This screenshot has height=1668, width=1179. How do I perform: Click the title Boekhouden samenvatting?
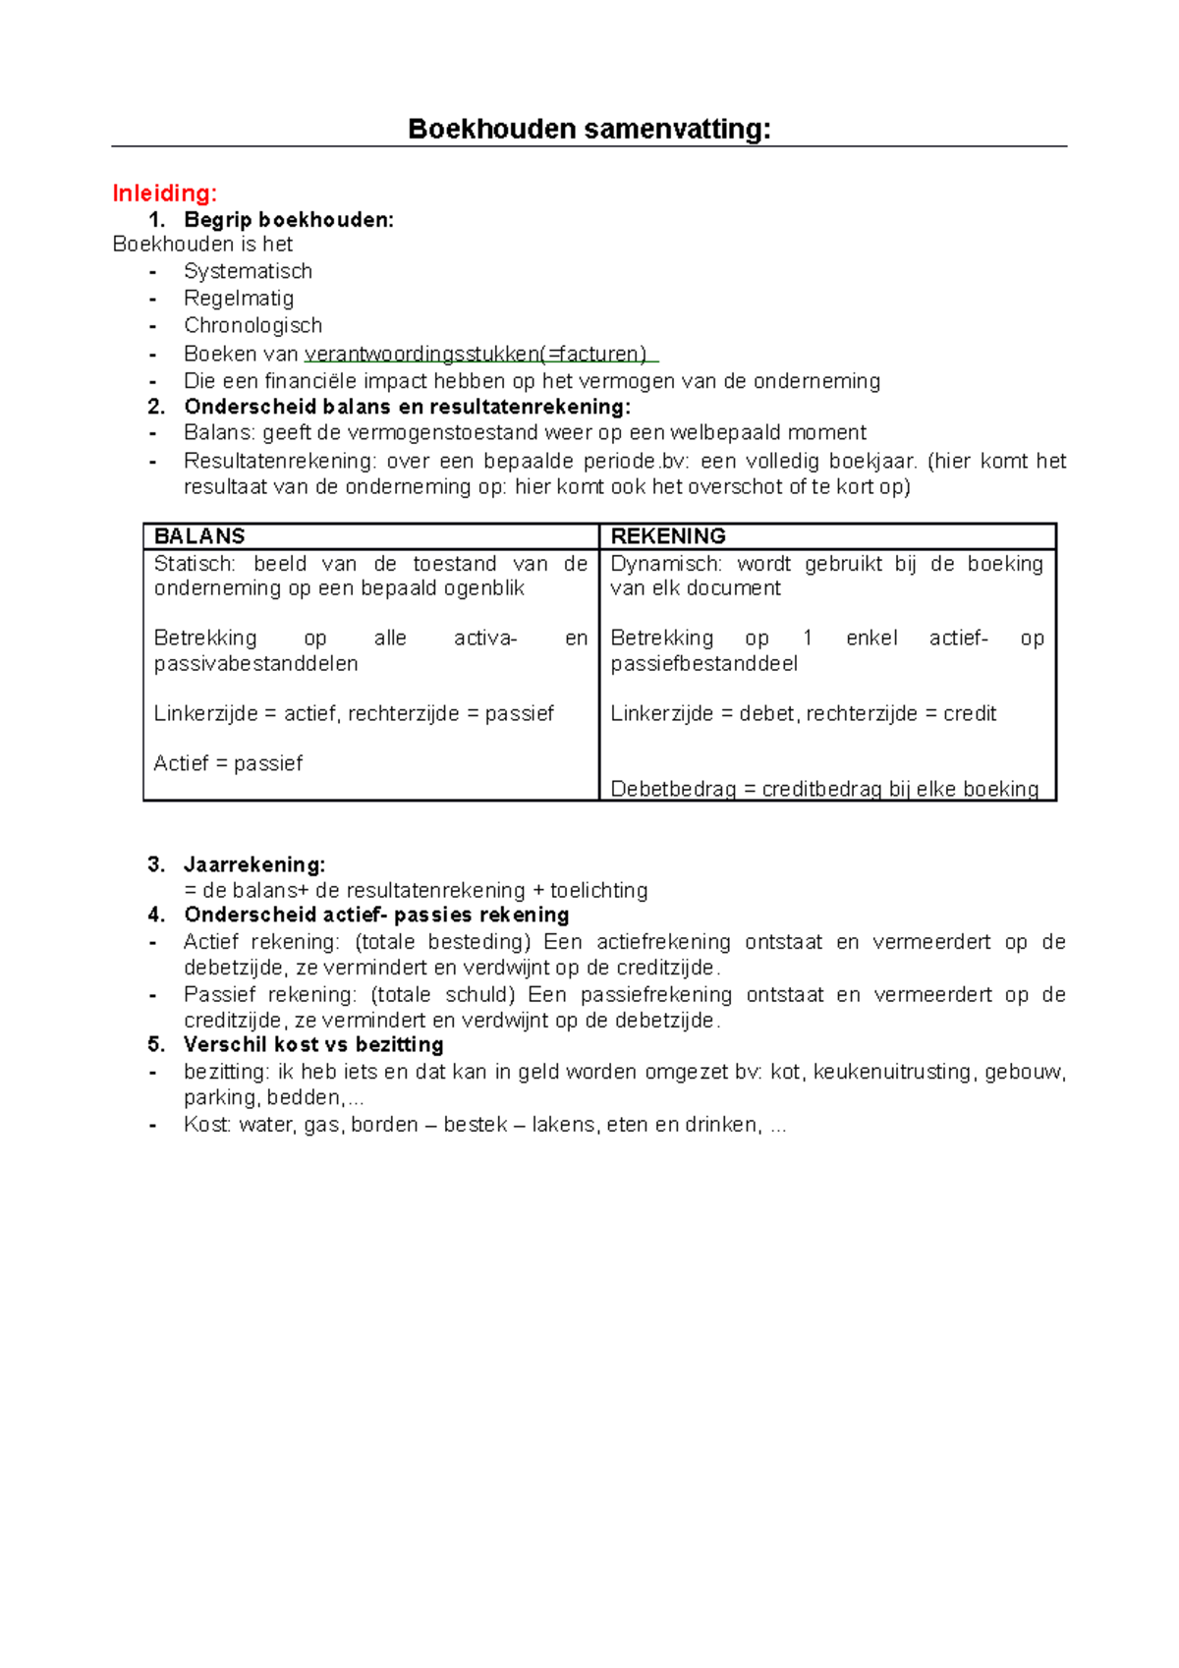589,129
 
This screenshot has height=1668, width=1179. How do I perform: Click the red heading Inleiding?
164,193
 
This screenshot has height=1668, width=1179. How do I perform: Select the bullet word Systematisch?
248,271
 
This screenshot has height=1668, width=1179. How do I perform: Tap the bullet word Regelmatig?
238,298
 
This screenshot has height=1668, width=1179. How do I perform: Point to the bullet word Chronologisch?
253,325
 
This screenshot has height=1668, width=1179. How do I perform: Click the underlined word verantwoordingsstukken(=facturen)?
476,354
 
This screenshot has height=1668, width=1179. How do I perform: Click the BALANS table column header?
199,536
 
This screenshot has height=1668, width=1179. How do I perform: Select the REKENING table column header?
668,536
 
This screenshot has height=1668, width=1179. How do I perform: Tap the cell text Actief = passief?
228,763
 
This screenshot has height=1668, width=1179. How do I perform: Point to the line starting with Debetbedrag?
823,789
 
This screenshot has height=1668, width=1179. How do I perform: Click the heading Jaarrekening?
253,864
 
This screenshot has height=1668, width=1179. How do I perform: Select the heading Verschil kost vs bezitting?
313,1044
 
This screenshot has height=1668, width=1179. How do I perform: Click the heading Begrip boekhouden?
288,220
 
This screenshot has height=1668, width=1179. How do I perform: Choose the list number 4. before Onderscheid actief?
156,915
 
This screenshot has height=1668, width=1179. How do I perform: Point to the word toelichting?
598,890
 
